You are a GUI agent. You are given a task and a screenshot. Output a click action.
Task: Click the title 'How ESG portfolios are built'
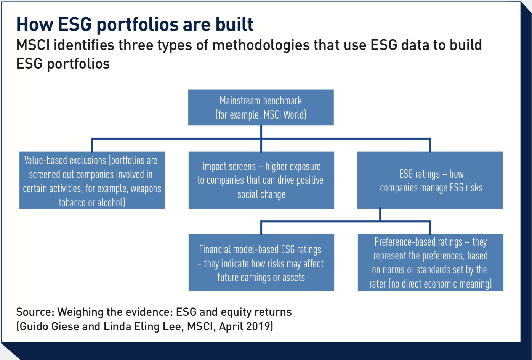click(x=135, y=24)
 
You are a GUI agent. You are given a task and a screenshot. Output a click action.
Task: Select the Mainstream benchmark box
click(x=261, y=108)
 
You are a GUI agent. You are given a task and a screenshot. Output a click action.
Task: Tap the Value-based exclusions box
click(x=92, y=180)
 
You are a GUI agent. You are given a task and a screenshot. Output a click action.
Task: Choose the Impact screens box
click(x=261, y=180)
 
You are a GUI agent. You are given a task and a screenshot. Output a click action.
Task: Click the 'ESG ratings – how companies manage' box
click(x=430, y=180)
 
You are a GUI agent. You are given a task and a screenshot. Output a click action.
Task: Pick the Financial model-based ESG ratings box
click(x=261, y=263)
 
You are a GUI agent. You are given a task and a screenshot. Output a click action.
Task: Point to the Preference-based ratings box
click(x=430, y=263)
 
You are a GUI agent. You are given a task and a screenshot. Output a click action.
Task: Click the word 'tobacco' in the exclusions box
click(x=72, y=202)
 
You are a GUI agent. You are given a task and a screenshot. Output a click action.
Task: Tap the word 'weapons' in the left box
click(x=146, y=188)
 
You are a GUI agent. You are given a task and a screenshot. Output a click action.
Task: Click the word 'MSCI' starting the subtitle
click(x=33, y=45)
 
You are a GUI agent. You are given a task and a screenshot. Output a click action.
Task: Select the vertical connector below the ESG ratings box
click(x=380, y=215)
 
